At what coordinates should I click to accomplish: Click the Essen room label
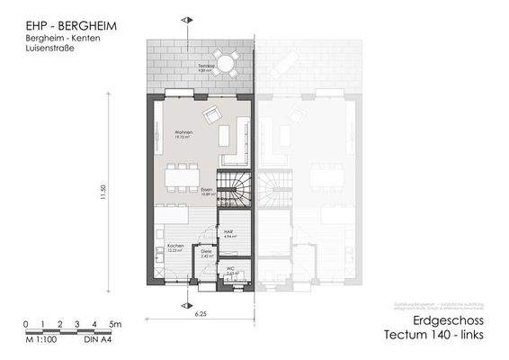(x=206, y=190)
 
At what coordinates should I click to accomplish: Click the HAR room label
(x=229, y=231)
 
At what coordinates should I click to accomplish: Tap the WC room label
(x=230, y=268)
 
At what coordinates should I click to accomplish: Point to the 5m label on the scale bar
(x=115, y=323)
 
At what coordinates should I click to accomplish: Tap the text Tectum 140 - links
(x=436, y=337)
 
